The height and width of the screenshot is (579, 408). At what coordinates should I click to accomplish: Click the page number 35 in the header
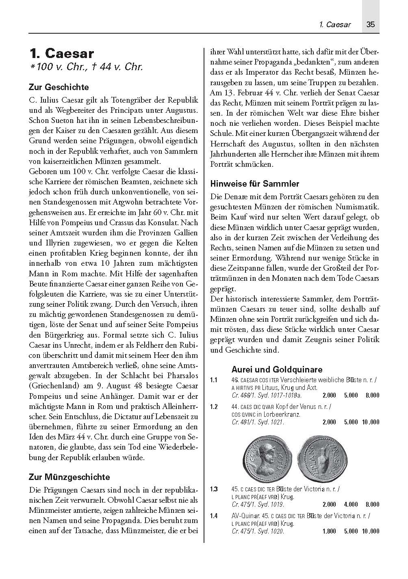tap(370, 24)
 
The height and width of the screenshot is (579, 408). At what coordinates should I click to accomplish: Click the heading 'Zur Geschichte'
tap(59, 87)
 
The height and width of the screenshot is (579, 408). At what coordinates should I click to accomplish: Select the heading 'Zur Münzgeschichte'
tap(69, 477)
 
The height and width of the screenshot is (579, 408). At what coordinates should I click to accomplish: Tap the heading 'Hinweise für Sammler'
tap(255, 184)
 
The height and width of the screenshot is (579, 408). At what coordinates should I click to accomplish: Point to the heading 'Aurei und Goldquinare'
tap(277, 369)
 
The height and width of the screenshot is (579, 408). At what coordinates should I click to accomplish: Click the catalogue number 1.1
tap(214, 380)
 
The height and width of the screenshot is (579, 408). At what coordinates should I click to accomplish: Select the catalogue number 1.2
tap(214, 407)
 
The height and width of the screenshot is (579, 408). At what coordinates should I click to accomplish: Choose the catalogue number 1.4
tap(214, 516)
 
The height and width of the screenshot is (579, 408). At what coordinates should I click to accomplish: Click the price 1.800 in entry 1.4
tap(329, 531)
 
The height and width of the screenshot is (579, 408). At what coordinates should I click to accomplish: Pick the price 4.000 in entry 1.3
tap(351, 504)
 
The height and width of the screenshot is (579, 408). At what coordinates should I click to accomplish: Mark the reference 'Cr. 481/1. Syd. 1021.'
tap(258, 422)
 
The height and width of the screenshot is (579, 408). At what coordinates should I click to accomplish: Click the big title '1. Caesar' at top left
tap(62, 54)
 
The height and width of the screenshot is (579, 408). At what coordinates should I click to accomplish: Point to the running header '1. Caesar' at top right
tap(335, 24)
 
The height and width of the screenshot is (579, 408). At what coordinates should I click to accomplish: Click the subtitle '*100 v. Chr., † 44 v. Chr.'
tap(87, 67)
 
